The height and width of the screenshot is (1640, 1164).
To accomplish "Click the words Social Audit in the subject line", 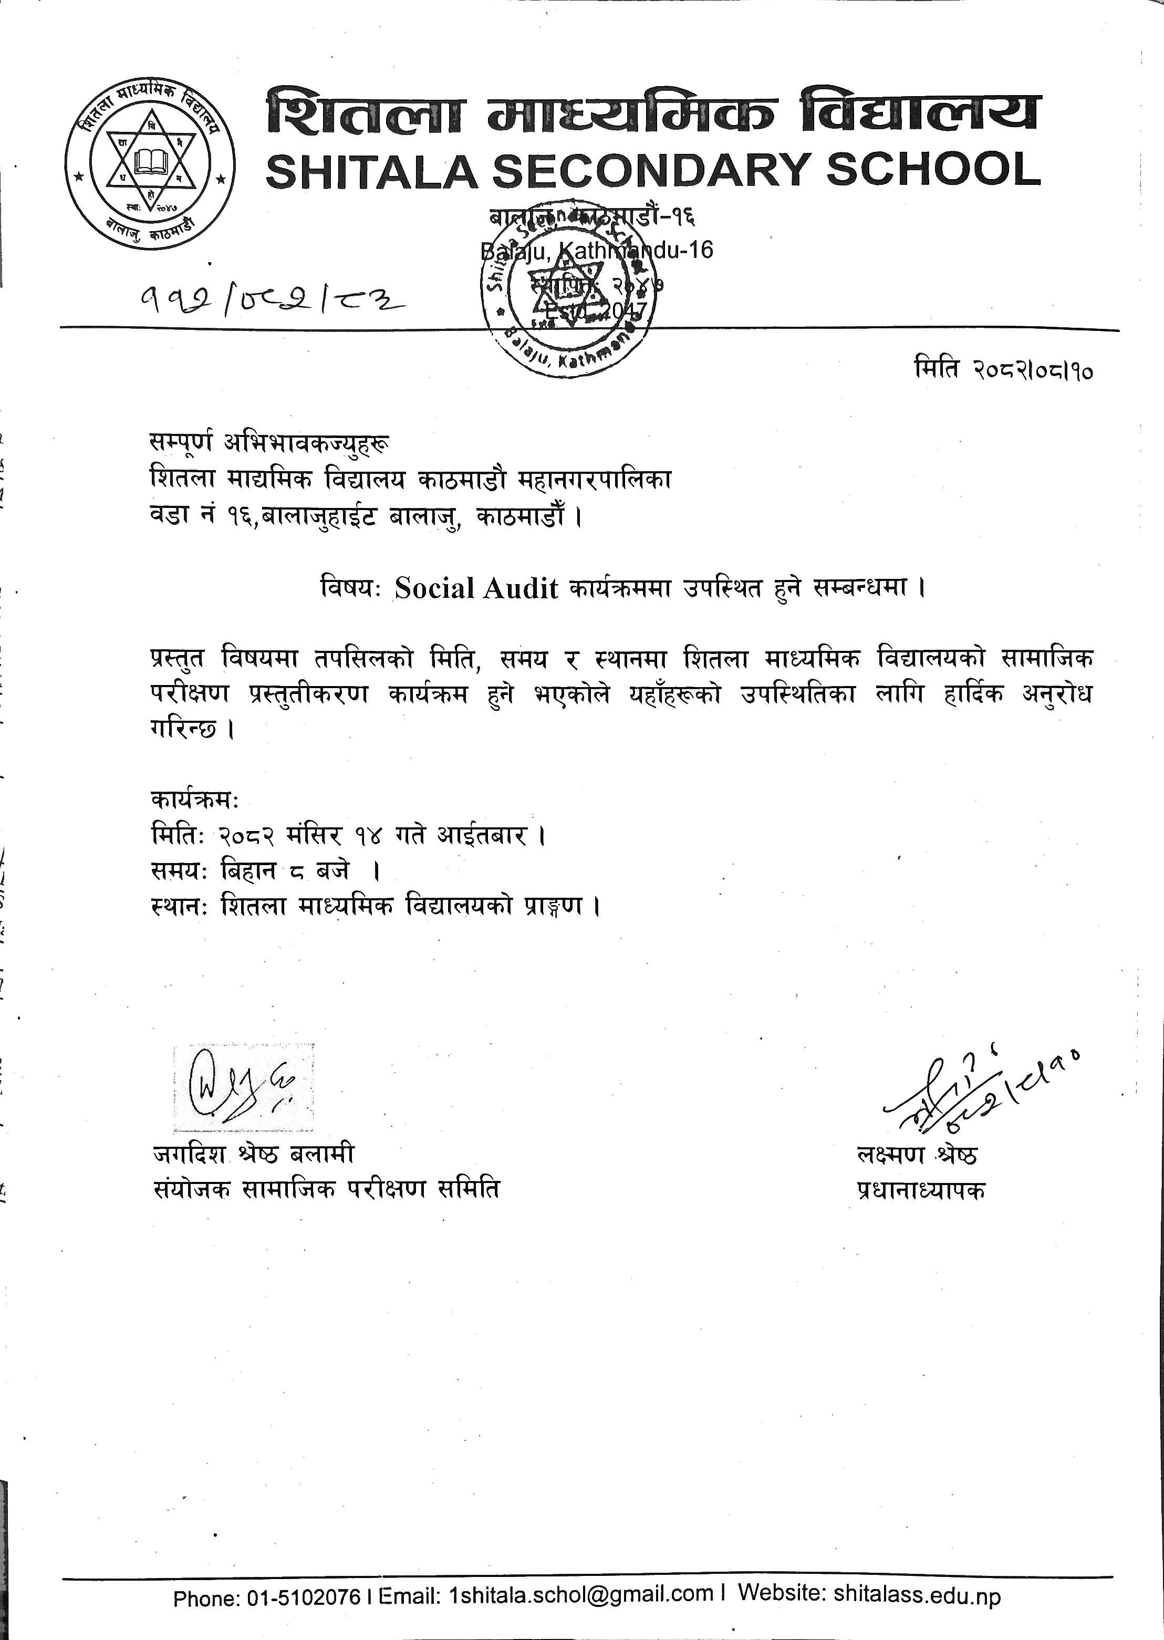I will click(476, 588).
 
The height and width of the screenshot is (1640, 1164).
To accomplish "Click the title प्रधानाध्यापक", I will click(921, 1190).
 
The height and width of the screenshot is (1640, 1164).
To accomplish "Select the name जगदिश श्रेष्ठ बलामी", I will click(254, 1155).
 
